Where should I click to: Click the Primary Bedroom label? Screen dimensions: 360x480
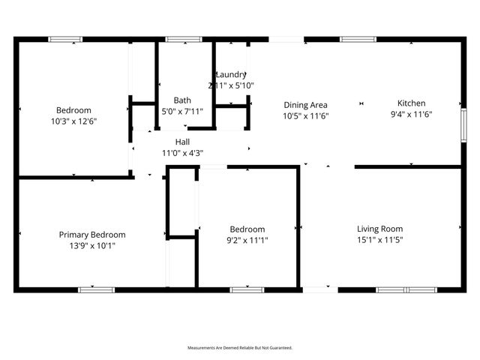pos(92,235)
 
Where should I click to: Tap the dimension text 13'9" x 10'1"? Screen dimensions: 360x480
pos(92,245)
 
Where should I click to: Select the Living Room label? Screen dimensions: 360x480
pos(379,229)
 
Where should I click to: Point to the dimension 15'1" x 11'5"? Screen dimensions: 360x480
pos(379,240)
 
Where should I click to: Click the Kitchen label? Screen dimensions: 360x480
pos(412,103)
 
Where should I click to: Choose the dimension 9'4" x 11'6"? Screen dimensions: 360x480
pos(412,115)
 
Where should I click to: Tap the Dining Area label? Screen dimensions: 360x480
pos(305,105)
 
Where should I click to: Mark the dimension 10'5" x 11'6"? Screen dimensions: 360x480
pos(305,116)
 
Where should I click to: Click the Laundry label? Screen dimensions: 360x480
pos(231,74)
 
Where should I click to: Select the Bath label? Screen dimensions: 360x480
pos(182,100)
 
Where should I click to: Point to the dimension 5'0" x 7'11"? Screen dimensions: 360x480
pos(182,112)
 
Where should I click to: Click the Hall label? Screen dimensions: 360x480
pos(182,142)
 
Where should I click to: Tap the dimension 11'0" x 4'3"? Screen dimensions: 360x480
pos(182,153)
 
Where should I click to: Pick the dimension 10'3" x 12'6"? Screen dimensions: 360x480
pos(74,121)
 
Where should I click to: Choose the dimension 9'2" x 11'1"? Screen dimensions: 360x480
pos(247,240)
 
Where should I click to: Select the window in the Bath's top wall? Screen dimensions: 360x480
pos(178,39)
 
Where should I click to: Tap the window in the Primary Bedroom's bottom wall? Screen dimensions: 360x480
pos(91,289)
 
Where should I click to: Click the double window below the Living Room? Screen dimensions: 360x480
pos(405,289)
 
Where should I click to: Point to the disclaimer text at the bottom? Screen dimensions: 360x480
pos(240,348)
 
